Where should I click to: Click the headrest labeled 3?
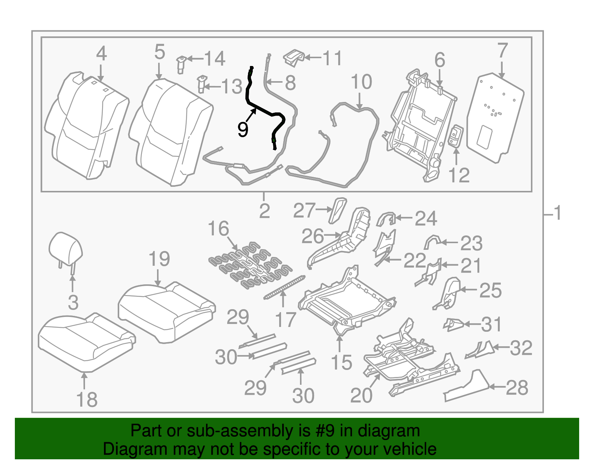click(x=65, y=248)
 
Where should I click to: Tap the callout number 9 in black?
click(x=242, y=130)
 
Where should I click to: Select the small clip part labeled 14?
click(x=181, y=64)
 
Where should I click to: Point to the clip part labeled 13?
click(x=202, y=84)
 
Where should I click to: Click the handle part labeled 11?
click(x=294, y=58)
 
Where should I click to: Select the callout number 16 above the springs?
click(x=218, y=229)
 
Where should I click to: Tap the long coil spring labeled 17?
click(x=284, y=287)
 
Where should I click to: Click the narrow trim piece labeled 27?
click(x=337, y=210)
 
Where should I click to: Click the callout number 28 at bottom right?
click(x=517, y=388)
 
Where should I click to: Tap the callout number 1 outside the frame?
click(x=557, y=214)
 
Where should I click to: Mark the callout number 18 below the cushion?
click(x=87, y=400)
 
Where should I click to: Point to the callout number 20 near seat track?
click(x=361, y=396)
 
